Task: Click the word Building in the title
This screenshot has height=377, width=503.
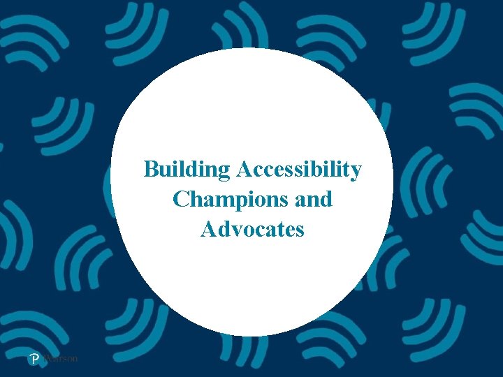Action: coord(187,170)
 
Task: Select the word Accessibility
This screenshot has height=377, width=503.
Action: coord(299,170)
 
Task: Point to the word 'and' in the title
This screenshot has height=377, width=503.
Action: coord(314,200)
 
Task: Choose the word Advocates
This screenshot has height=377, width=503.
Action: coord(252,229)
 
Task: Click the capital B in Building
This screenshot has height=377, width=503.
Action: coord(150,169)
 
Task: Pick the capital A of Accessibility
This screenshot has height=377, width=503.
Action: coord(244,169)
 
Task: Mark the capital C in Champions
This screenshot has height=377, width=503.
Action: coord(180,200)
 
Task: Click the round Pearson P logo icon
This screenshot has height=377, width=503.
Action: coord(34,359)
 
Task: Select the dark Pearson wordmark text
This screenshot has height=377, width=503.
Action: coord(60,359)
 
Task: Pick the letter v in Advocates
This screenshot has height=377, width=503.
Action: coord(235,230)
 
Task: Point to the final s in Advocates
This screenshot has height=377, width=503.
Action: coord(299,230)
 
